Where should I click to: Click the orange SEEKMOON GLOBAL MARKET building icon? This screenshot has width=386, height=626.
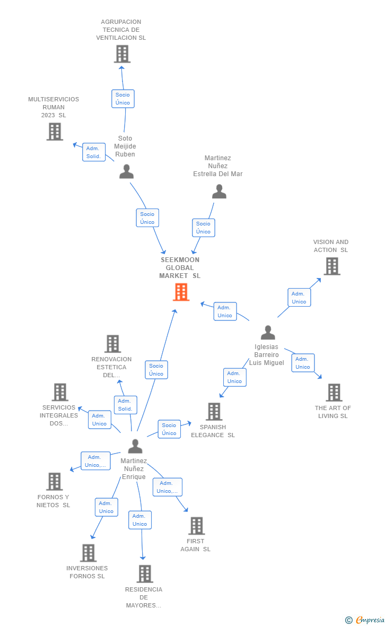click(181, 292)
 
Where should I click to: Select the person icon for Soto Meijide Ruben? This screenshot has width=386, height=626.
click(126, 171)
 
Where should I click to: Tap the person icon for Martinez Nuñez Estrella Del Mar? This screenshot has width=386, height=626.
click(219, 192)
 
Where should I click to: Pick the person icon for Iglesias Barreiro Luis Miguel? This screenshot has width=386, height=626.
click(268, 333)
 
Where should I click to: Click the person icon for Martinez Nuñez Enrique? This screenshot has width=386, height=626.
click(135, 446)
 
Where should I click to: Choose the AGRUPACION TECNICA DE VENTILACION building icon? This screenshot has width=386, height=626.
click(122, 54)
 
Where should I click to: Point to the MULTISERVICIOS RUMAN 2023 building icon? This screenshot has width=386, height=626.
click(55, 131)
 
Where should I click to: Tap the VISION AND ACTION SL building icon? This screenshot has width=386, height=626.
click(332, 266)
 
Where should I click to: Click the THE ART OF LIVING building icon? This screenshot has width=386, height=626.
click(334, 393)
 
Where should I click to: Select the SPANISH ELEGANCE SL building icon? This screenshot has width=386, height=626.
click(214, 411)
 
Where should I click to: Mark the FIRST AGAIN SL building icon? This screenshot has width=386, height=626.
click(196, 526)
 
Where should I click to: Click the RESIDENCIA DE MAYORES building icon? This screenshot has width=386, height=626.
click(145, 573)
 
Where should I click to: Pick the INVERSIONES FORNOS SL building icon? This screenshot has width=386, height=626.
click(88, 553)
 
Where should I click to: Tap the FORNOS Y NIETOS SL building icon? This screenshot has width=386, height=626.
click(54, 481)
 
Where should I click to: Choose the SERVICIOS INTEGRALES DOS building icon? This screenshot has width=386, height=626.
click(60, 392)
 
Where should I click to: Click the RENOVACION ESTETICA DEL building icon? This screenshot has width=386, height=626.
click(112, 344)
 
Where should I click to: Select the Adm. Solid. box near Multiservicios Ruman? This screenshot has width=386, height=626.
click(94, 152)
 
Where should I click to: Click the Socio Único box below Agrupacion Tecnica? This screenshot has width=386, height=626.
click(122, 99)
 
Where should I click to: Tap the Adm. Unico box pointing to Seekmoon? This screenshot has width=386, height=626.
click(225, 311)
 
